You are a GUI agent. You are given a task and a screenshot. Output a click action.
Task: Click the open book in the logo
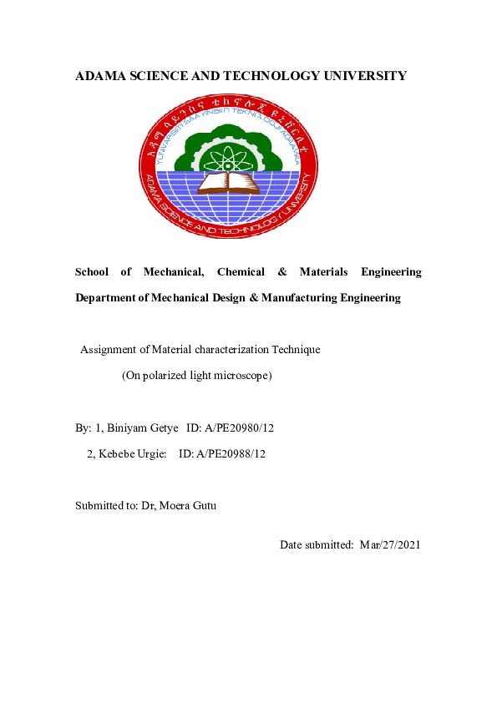tap(227, 180)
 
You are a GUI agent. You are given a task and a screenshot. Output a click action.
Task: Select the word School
tap(92, 272)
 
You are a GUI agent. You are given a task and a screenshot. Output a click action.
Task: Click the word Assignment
tap(109, 350)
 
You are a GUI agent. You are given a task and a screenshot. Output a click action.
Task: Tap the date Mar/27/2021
tap(390, 544)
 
